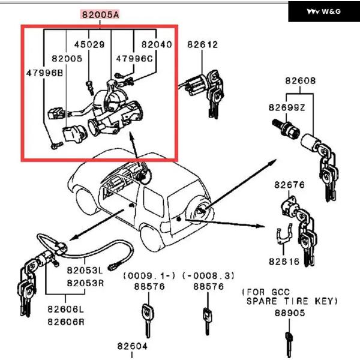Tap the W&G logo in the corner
tap(323, 11)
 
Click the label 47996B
tap(44, 73)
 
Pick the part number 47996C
tap(134, 59)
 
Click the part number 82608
tap(301, 80)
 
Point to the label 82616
tap(284, 262)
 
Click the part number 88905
tap(290, 313)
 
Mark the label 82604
tap(133, 346)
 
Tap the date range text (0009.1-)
tap(149, 275)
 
